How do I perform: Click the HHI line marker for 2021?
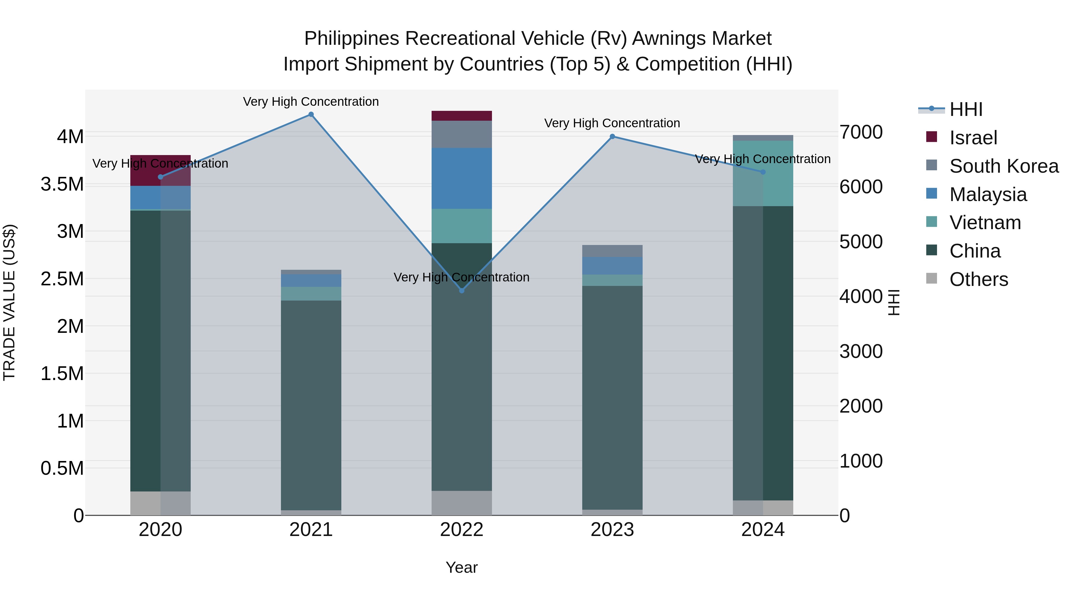tap(311, 114)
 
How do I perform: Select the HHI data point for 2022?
tap(461, 291)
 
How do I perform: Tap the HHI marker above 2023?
tap(612, 137)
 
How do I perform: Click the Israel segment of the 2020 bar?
tap(161, 170)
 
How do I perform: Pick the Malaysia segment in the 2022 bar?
tap(461, 178)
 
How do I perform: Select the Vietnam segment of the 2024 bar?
tap(763, 173)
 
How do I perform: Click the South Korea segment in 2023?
tap(612, 251)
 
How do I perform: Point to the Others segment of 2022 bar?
tap(461, 503)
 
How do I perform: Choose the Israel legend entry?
tap(973, 138)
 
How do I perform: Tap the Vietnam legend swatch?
tap(931, 222)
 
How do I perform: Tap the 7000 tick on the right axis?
tap(861, 132)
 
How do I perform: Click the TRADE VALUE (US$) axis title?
tap(9, 302)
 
